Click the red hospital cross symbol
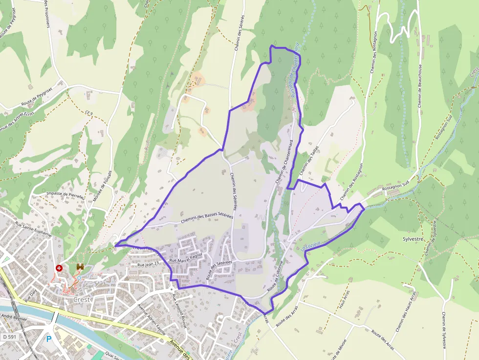tap(59, 268)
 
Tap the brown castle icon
tap(80, 268)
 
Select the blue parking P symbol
tap(48, 339)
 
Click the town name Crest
tap(82, 299)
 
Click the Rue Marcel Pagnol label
tap(186, 258)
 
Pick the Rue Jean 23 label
tap(148, 264)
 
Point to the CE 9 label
tap(88, 113)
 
